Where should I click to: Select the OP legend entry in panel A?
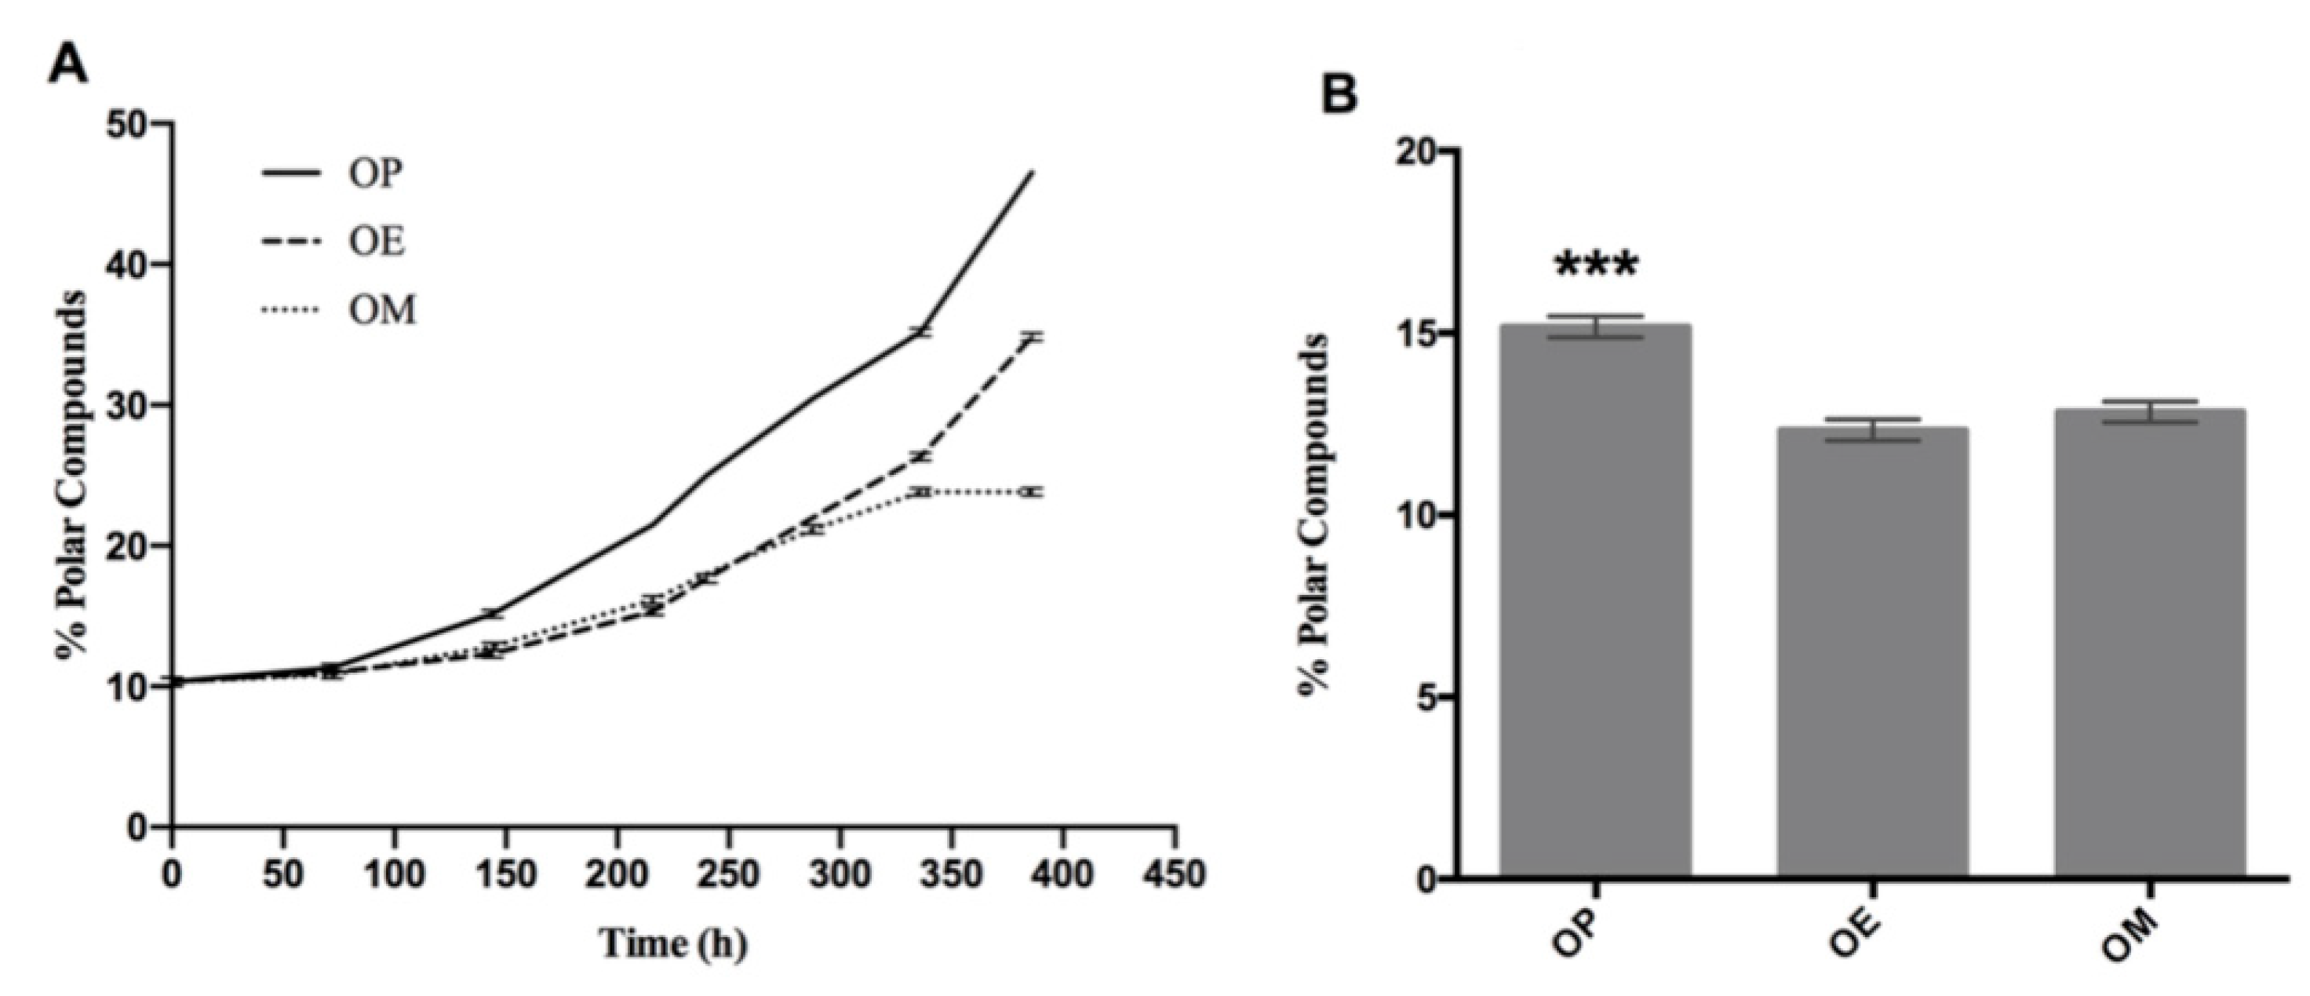[339, 173]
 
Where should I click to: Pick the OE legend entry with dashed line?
[339, 243]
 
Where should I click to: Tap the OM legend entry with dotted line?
[339, 311]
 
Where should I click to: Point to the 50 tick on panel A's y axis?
[128, 123]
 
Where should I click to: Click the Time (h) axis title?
[673, 943]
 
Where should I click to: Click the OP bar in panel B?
[1596, 601]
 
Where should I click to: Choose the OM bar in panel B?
[2151, 644]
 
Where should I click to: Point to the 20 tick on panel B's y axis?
[1415, 150]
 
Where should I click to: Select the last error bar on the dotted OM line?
[1033, 491]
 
